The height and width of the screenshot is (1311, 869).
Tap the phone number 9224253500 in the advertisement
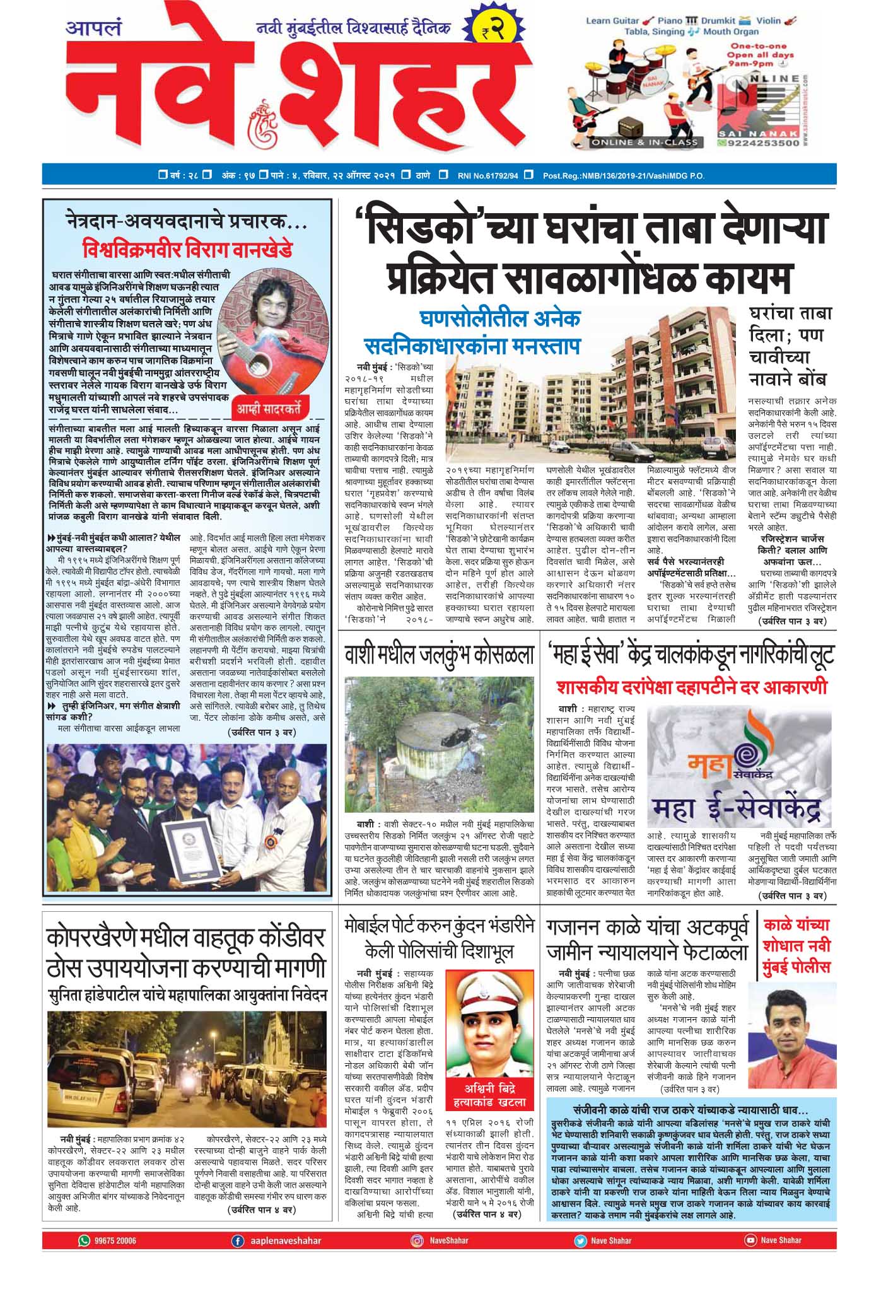(x=762, y=143)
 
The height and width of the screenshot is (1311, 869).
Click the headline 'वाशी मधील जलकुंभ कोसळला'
(x=440, y=656)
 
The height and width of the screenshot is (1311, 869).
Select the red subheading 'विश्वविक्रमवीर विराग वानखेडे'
(x=187, y=251)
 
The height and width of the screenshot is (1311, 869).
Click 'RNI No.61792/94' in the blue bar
(x=487, y=175)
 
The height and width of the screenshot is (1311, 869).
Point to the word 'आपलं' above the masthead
(x=94, y=28)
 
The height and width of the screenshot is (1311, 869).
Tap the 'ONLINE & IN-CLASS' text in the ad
(x=644, y=142)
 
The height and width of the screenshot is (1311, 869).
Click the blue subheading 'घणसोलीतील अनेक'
(x=499, y=319)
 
